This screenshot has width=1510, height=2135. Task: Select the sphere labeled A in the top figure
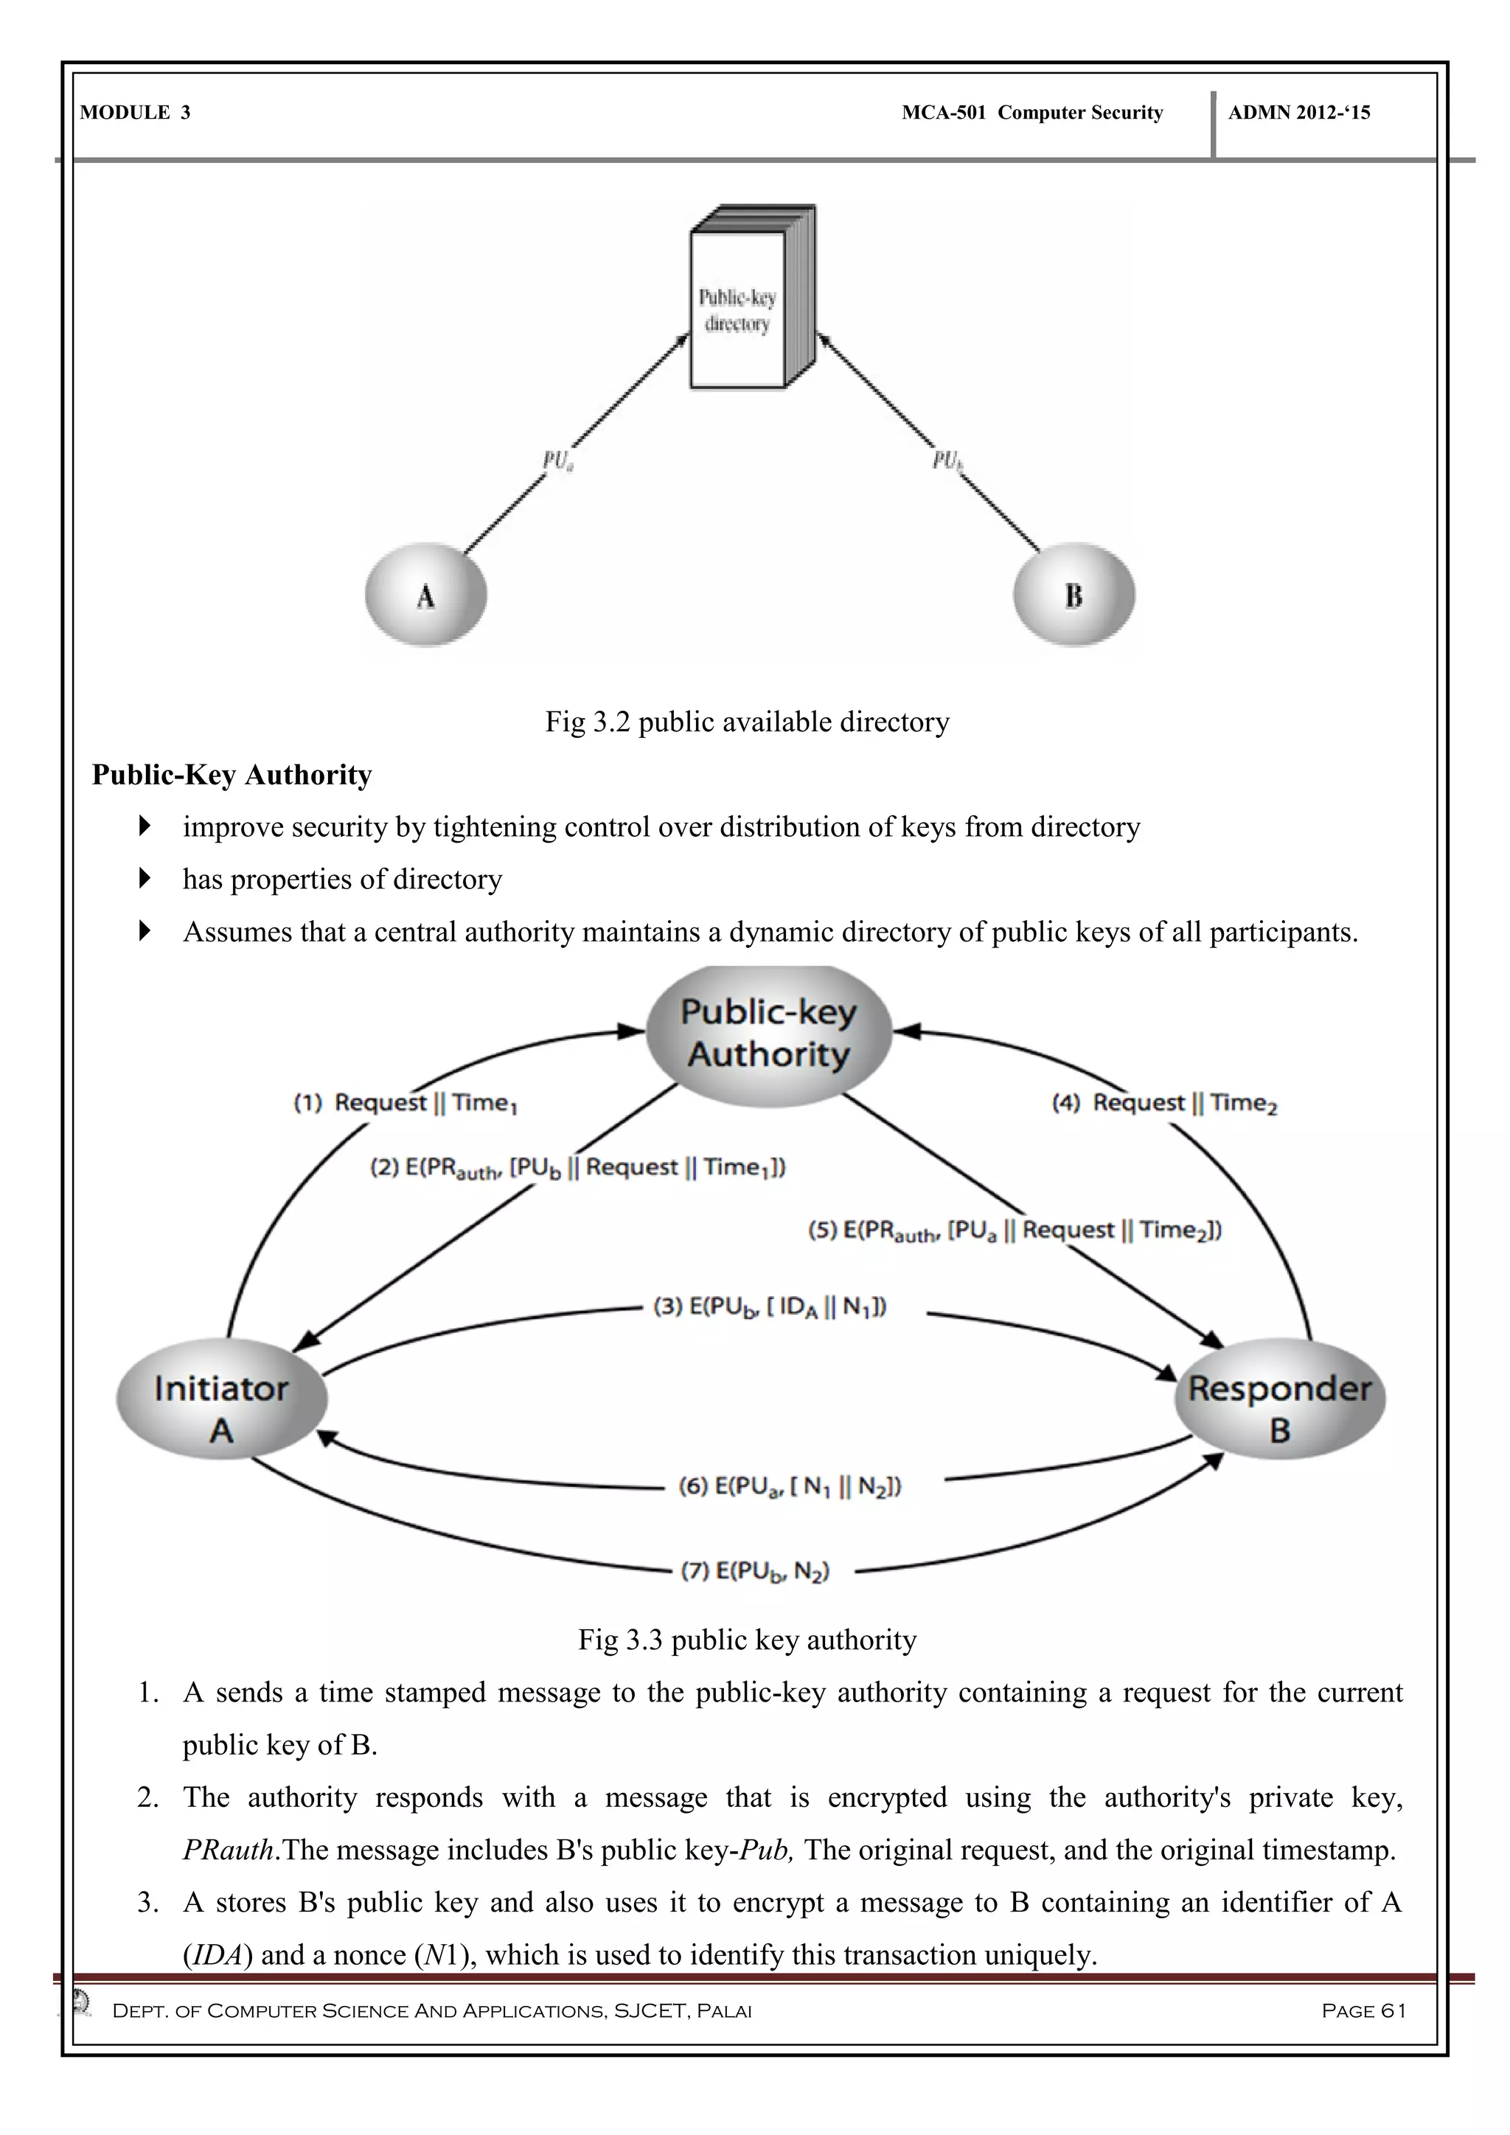(426, 595)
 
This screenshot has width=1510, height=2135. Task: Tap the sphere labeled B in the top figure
(1074, 595)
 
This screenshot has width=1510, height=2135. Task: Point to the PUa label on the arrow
(558, 460)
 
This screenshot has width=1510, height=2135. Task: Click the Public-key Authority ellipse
(769, 1034)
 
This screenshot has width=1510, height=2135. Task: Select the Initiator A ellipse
(221, 1410)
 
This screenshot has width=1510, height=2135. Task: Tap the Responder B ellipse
(1281, 1410)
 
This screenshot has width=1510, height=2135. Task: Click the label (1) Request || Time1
(406, 1103)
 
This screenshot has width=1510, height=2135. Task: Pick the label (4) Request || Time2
(1164, 1103)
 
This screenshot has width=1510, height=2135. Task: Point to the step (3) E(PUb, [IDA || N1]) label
(770, 1306)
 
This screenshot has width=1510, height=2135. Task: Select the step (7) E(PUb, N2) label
(755, 1572)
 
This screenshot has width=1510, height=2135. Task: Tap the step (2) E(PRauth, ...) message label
(578, 1168)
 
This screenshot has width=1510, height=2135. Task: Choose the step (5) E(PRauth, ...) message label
(1015, 1231)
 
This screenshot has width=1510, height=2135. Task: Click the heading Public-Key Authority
(232, 775)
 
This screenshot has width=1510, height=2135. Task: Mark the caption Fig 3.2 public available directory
(747, 722)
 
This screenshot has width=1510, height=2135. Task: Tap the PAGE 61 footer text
(1363, 2010)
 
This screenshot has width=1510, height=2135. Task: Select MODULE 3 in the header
(135, 113)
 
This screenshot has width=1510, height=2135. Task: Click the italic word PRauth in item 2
(229, 1850)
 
